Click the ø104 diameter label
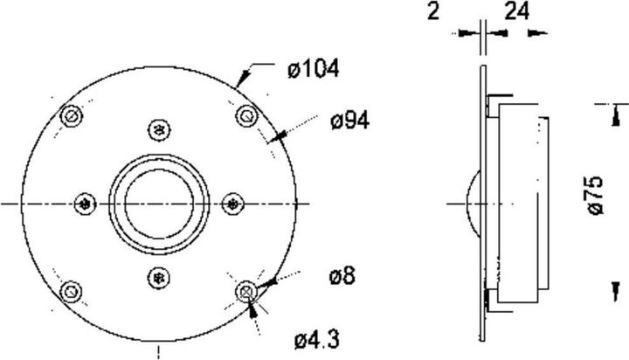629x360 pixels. click(x=314, y=69)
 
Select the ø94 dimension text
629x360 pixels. click(x=349, y=121)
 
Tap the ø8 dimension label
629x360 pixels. click(x=342, y=276)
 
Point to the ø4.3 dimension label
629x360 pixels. click(x=317, y=340)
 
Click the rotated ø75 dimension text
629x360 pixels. click(x=595, y=195)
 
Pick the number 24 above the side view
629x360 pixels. click(x=516, y=11)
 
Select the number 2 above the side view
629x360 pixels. click(x=433, y=11)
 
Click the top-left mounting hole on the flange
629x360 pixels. click(x=72, y=116)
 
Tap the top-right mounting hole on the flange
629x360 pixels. click(x=246, y=116)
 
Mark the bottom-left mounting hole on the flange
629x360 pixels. click(x=71, y=291)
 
